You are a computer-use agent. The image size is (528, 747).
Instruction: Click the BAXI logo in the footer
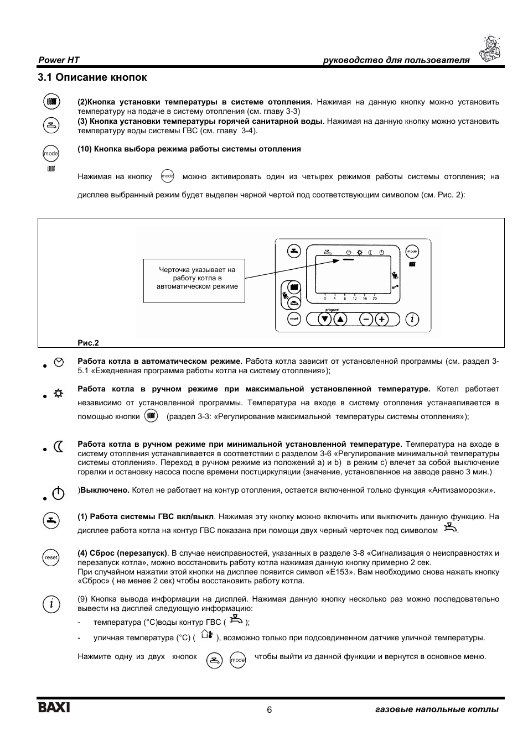54,708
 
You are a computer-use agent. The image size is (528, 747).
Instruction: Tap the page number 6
270,710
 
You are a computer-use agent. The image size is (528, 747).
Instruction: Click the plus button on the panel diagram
381,319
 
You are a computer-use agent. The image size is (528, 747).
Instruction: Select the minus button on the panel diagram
366,319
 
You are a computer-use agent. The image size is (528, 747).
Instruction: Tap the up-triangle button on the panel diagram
340,319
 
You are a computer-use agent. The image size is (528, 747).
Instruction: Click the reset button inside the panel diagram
294,319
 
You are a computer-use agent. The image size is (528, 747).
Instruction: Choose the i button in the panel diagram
412,319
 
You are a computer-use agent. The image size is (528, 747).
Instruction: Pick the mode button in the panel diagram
412,252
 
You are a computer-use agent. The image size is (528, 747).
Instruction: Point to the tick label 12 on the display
355,299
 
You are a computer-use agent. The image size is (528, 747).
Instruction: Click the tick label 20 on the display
375,299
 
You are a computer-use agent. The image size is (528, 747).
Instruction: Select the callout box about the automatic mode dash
194,280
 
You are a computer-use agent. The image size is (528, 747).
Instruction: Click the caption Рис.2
88,343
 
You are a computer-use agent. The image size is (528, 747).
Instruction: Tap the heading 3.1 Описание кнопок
92,77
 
